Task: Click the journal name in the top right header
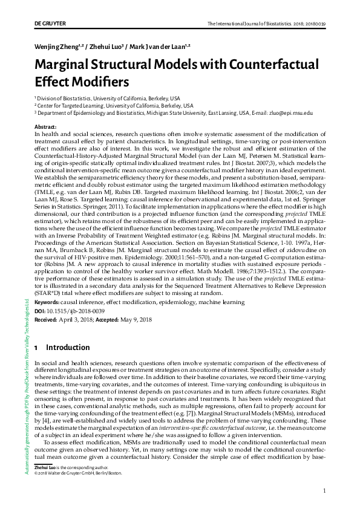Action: (267, 23)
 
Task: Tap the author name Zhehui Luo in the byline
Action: (108, 46)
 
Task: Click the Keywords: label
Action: (50, 300)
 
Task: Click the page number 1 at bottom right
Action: (325, 491)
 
